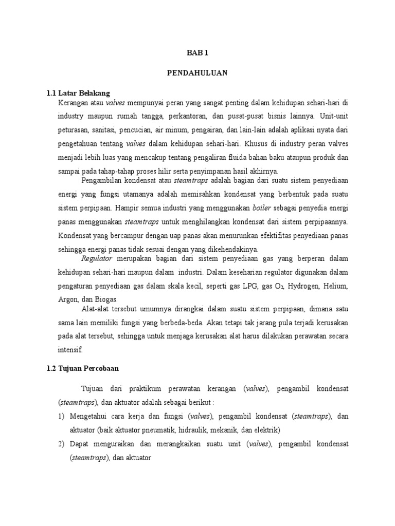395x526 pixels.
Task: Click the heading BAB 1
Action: point(197,53)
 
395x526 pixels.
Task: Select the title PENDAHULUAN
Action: point(197,73)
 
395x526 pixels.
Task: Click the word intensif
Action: point(70,350)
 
